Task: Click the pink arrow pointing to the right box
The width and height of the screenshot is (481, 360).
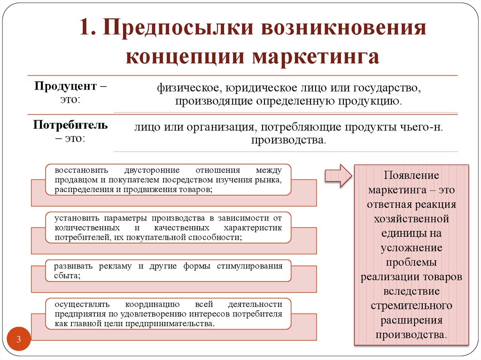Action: pos(338,176)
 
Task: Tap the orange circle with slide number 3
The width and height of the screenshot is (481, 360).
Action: pos(19,340)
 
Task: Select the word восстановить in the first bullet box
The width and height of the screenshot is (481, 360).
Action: pos(81,170)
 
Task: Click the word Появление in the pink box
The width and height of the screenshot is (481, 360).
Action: pos(411,176)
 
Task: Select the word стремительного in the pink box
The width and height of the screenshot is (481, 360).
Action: pos(411,306)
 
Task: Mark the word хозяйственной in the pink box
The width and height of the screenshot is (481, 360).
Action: pos(411,219)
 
